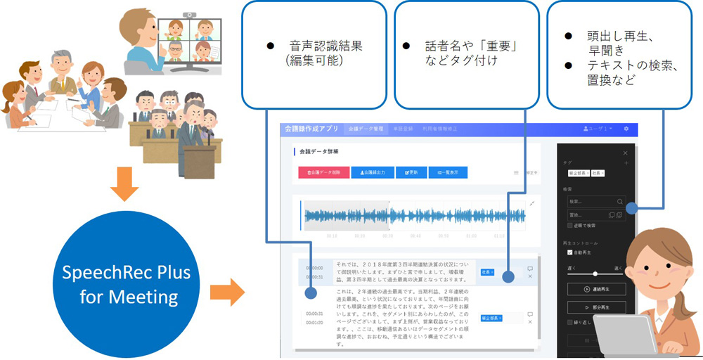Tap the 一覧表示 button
coord(448,172)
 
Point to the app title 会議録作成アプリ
coord(312,129)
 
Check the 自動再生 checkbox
coord(569,252)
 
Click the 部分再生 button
coord(595,307)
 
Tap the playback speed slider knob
coord(595,274)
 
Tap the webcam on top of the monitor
coord(188,14)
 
